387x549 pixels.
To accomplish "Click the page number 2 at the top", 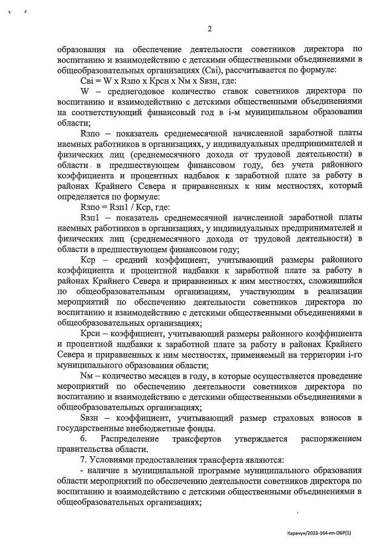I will click(209, 29).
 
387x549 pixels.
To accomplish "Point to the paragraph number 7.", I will click(83, 460).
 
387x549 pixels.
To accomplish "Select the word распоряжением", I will click(331, 439).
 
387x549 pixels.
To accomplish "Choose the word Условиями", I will click(112, 460).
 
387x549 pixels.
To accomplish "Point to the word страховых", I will click(283, 418).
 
